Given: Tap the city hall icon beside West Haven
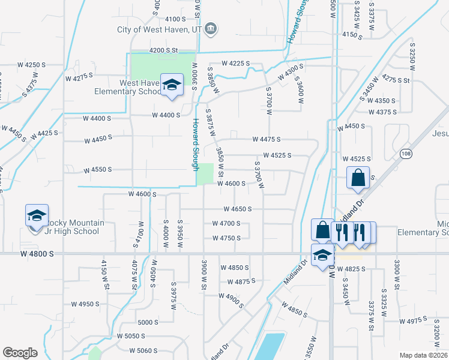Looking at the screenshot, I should (211, 28).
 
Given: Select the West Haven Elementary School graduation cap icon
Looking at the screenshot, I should (172, 86).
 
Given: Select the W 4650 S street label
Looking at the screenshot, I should (237, 209).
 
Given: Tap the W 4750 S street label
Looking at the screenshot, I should (226, 238).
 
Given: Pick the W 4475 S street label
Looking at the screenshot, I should (266, 140).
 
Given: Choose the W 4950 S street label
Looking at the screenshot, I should (85, 304).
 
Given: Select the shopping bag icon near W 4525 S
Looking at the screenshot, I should (358, 178).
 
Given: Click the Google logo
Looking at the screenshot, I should (20, 353).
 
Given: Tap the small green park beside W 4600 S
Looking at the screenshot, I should (205, 174).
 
